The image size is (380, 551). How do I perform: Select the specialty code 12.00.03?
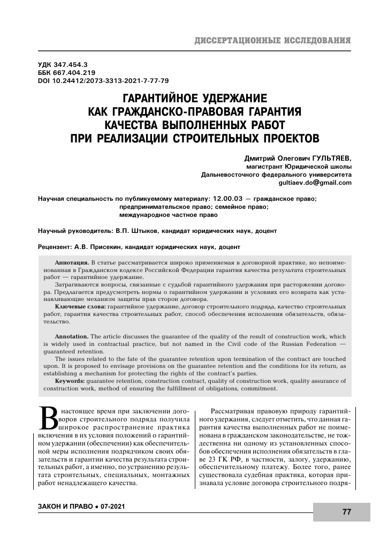point(231,199)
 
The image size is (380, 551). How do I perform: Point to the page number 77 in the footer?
point(346,512)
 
